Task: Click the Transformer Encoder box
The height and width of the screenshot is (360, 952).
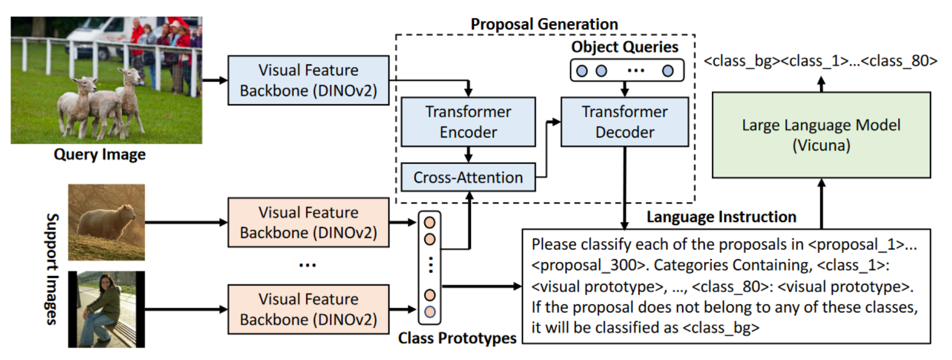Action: pyautogui.click(x=468, y=122)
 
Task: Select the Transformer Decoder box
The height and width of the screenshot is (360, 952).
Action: pyautogui.click(x=624, y=122)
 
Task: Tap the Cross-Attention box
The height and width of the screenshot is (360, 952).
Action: pyautogui.click(x=468, y=177)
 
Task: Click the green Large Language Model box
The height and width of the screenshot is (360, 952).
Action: pyautogui.click(x=821, y=135)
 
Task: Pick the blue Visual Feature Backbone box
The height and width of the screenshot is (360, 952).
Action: pyautogui.click(x=308, y=80)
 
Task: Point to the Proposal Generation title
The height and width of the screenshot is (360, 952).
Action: pyautogui.click(x=544, y=24)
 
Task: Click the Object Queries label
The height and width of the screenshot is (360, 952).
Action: pyautogui.click(x=624, y=47)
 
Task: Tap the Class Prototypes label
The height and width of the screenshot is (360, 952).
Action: pyautogui.click(x=457, y=338)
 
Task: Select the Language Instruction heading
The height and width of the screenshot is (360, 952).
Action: pyautogui.click(x=721, y=217)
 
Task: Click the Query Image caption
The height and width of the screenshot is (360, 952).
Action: pyautogui.click(x=100, y=154)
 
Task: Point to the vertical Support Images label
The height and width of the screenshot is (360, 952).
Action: pyautogui.click(x=52, y=269)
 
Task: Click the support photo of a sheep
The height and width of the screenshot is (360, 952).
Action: pyautogui.click(x=106, y=222)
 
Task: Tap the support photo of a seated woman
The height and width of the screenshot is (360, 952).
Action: pyautogui.click(x=106, y=309)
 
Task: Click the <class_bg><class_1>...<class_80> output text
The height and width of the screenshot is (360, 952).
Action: pyautogui.click(x=820, y=61)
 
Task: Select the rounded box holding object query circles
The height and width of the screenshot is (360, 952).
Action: pyautogui.click(x=626, y=71)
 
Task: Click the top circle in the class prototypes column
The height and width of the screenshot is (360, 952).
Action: pyautogui.click(x=429, y=223)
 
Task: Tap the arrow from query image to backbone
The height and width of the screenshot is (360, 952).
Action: pyautogui.click(x=215, y=80)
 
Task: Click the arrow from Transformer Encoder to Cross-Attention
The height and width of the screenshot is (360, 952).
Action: pyautogui.click(x=468, y=154)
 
